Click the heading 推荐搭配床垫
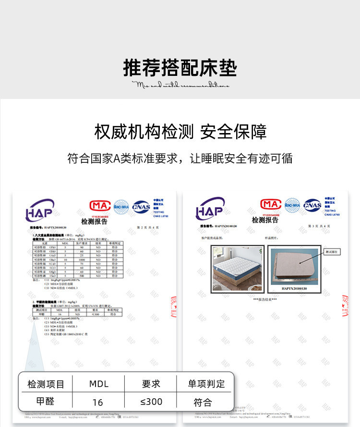[x=180, y=68]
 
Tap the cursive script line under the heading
[x=180, y=85]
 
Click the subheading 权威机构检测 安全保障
[x=180, y=132]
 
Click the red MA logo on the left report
[x=99, y=206]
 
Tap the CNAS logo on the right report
[x=312, y=205]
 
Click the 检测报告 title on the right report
[x=265, y=220]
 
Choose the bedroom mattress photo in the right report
[x=237, y=268]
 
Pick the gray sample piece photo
[x=292, y=266]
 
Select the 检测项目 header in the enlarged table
[x=46, y=384]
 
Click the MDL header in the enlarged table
[x=99, y=384]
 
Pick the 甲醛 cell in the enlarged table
[x=46, y=402]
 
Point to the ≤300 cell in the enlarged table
[x=151, y=402]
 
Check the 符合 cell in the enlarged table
[x=203, y=402]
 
